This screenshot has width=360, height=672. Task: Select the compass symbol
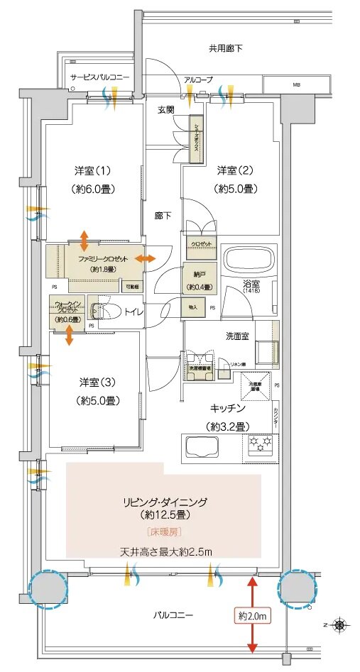click(x=341, y=624)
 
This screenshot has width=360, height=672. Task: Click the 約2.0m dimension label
click(x=251, y=617)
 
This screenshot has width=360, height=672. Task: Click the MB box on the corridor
click(x=295, y=85)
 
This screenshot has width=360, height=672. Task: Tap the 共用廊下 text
click(x=226, y=49)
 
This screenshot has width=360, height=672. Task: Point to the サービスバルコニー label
click(x=99, y=76)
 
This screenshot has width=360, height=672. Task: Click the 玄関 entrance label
click(x=166, y=109)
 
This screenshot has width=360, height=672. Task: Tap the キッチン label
click(x=227, y=409)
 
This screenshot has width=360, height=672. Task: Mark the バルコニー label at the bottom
click(x=173, y=614)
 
